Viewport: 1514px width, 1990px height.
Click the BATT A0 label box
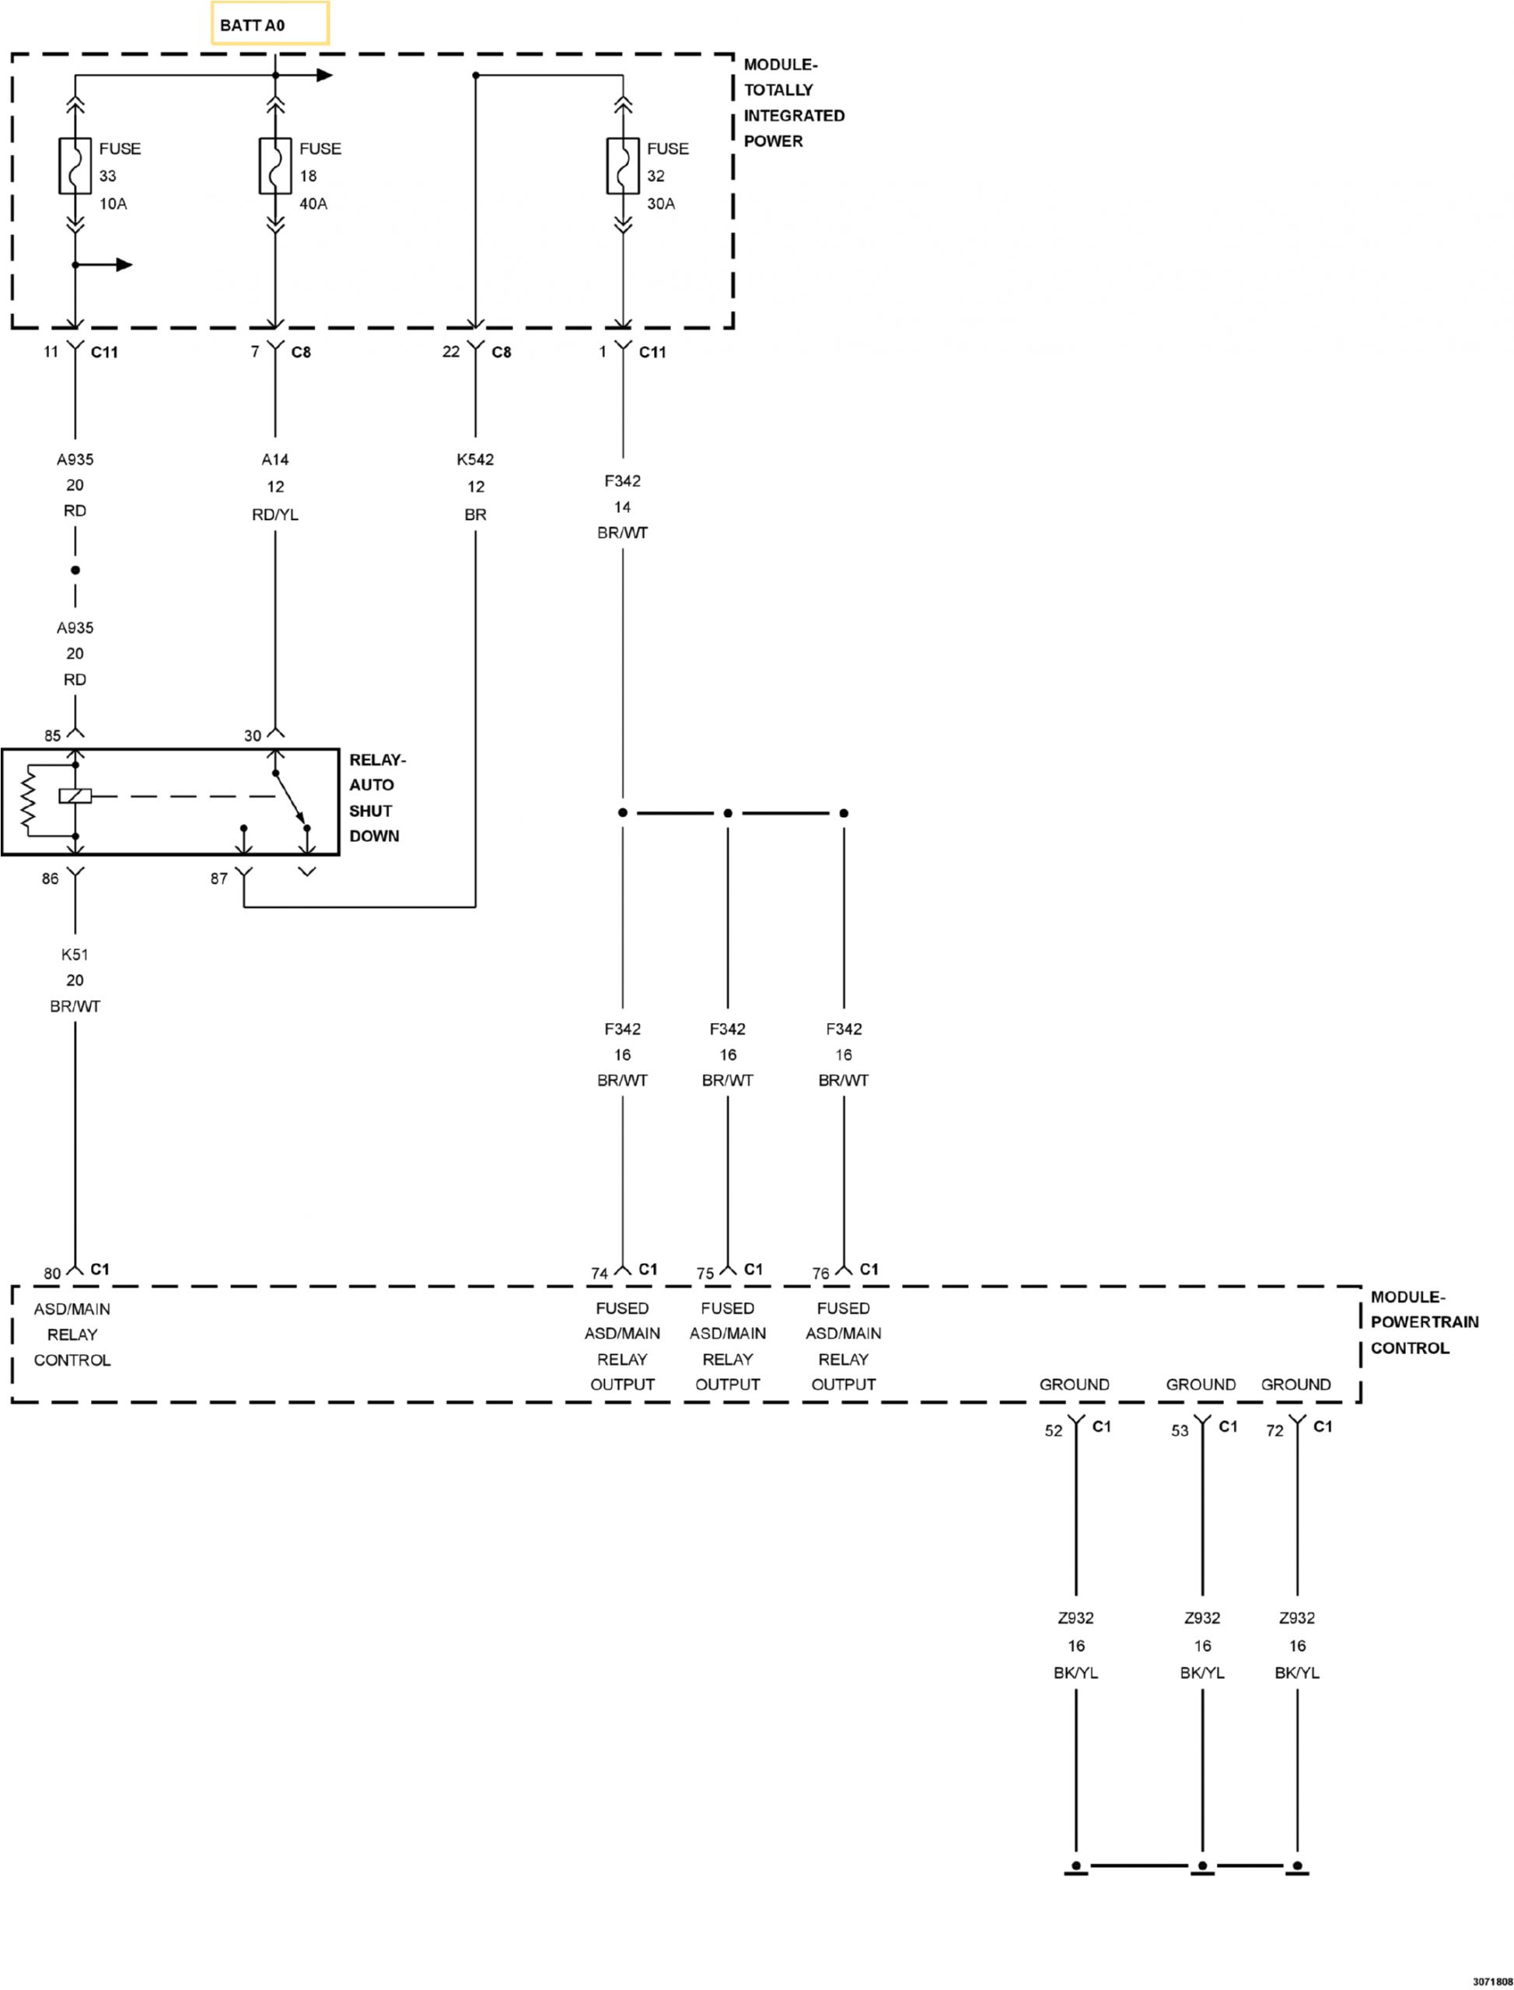270,24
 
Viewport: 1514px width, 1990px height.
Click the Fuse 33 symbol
75,166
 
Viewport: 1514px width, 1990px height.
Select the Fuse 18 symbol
274,166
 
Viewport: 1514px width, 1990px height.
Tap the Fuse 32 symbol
623,166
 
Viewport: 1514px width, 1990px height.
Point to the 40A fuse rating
313,204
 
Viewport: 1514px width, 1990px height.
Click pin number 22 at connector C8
450,351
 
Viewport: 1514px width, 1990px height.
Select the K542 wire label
475,459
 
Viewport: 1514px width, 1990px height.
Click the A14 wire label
274,459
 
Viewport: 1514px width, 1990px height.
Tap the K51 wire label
75,954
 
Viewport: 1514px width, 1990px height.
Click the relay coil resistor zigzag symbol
29,798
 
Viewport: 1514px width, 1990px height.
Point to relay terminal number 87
219,878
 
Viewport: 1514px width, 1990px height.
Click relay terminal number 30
252,736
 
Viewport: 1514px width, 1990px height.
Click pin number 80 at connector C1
52,1274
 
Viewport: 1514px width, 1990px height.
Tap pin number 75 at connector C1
705,1274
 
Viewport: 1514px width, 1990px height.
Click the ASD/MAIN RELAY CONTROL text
72,1334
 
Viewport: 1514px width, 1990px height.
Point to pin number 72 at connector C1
1274,1430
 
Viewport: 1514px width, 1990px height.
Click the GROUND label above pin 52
1074,1384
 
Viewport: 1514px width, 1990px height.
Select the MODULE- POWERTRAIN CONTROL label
1424,1322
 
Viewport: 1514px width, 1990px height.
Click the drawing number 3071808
1491,1981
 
